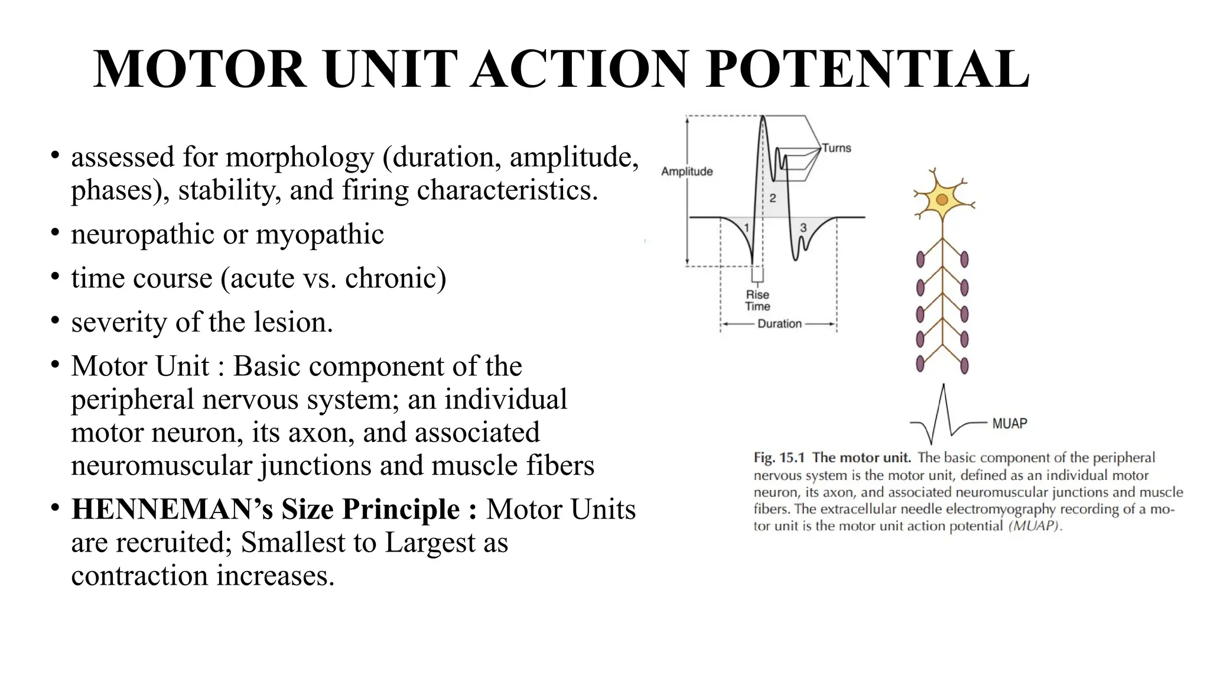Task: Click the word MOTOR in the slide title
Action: coord(200,70)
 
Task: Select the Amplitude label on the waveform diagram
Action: coord(687,171)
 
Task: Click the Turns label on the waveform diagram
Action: coord(836,148)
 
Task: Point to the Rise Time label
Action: coord(757,300)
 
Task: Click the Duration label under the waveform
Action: coord(779,323)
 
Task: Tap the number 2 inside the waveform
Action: coord(772,198)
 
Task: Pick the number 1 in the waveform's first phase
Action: coord(746,228)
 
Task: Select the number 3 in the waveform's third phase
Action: coord(803,228)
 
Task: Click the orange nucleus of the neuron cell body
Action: coord(942,200)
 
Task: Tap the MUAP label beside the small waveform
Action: coord(1009,423)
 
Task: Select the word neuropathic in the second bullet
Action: coord(142,235)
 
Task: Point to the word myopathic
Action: coord(320,235)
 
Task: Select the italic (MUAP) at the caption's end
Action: coord(1035,526)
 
